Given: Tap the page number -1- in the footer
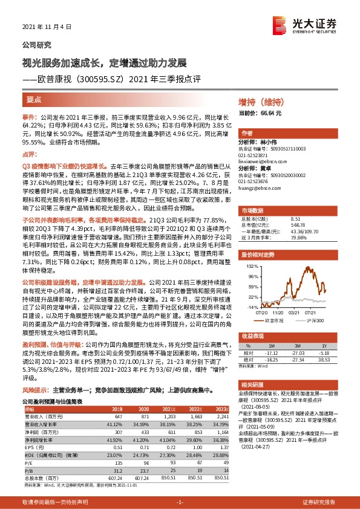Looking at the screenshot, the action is coord(180,502).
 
